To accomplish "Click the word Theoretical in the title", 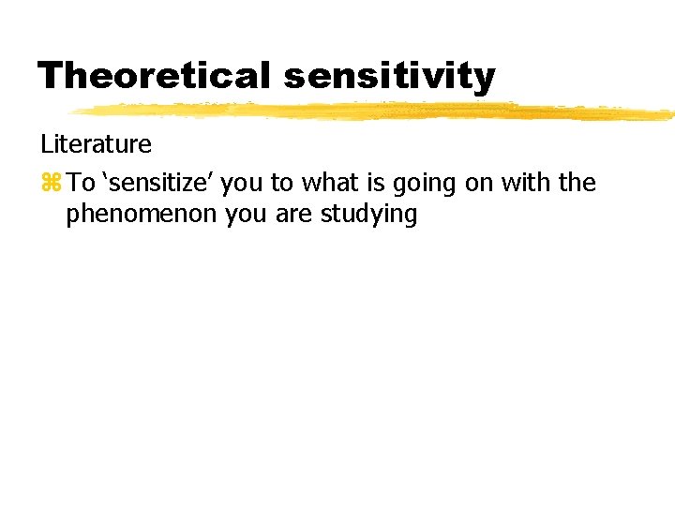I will (x=155, y=75).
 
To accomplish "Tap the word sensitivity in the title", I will (x=389, y=77).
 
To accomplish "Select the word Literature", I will (x=96, y=144).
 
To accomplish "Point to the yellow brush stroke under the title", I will (x=375, y=112).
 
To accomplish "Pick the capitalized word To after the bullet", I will (x=82, y=182).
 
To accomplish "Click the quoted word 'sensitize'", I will (x=160, y=182).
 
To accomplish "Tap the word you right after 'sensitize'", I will (x=244, y=184).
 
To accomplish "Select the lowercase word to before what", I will (x=282, y=183).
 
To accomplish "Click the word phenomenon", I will (x=142, y=215).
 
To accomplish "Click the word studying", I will (x=368, y=216).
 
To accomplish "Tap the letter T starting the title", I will (x=50, y=75).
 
